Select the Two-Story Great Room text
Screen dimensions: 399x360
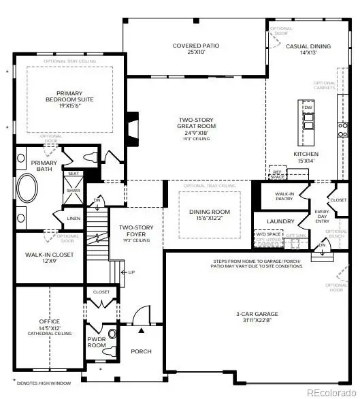point(195,123)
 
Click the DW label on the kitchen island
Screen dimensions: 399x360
point(308,108)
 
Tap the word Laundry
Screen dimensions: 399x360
point(280,221)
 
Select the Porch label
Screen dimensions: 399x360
point(142,351)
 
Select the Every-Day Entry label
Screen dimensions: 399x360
point(322,217)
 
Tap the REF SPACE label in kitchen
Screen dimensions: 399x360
point(278,174)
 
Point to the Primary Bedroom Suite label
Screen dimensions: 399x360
point(69,97)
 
